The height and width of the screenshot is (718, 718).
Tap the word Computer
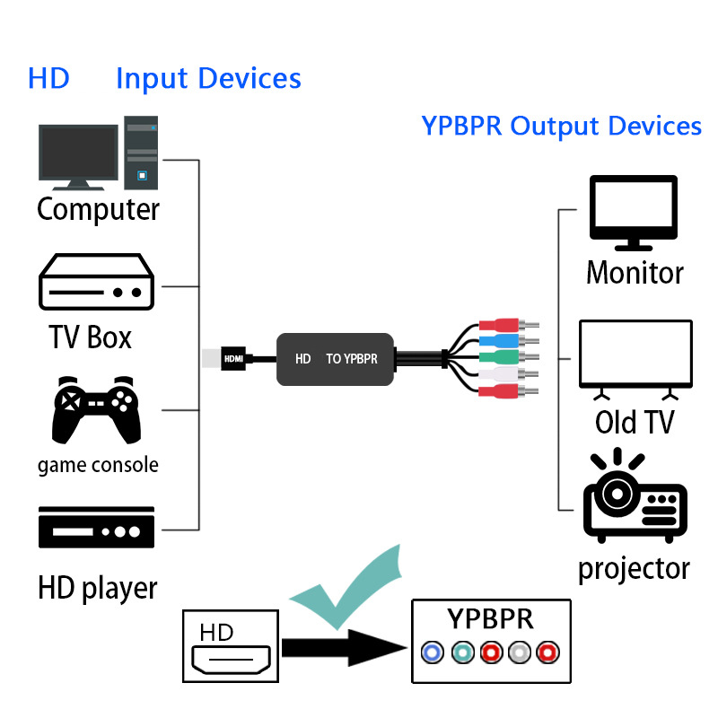point(98,210)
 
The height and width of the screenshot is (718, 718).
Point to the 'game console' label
point(98,465)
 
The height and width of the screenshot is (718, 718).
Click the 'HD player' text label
point(97,588)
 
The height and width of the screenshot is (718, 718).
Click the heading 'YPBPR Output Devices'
point(562,127)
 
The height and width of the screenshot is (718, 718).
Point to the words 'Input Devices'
point(208,79)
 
